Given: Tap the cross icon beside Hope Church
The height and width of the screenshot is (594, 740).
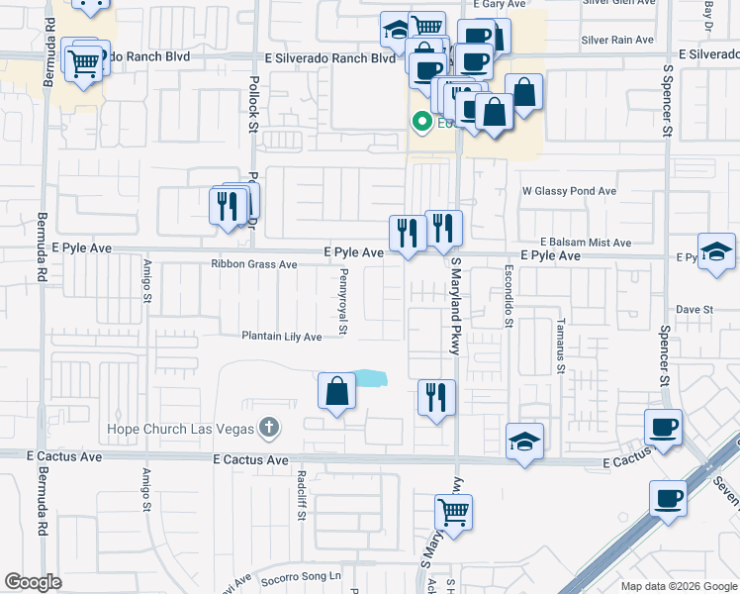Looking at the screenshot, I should coord(268,429).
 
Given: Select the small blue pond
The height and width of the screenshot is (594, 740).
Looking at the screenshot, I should coord(368,377).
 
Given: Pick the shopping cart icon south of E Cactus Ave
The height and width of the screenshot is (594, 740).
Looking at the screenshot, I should coord(453,513).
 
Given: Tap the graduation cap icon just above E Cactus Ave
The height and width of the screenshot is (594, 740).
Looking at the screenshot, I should coord(524,442).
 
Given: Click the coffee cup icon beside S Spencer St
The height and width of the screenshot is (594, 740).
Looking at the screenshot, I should coord(663,428).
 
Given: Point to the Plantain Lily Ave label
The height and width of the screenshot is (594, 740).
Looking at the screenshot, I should coord(282,337).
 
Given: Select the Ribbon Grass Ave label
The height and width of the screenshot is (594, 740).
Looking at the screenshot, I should coord(253,264).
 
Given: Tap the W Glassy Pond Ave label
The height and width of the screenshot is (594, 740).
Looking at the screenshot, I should coord(569,191).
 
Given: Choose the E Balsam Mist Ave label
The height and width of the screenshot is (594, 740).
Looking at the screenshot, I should coord(585,243).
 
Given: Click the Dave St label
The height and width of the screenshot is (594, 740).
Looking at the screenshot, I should coord(694,310).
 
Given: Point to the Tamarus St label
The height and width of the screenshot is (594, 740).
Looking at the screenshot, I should coord(560,346).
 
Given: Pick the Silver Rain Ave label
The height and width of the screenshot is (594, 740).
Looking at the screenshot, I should coord(617,40).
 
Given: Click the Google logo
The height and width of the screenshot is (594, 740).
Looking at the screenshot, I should coord(34,582).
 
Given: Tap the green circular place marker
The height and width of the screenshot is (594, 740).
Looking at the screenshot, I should coord(420,123).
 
